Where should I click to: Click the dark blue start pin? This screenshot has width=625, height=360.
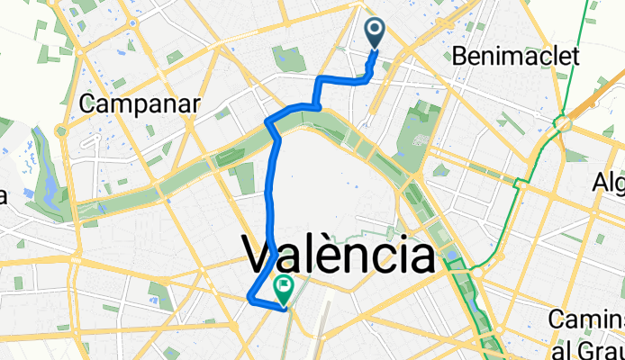(x=376, y=35)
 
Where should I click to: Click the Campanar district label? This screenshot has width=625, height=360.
(x=139, y=103)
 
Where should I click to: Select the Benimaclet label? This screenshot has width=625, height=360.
(x=521, y=58)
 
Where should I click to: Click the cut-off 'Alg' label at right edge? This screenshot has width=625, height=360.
(x=607, y=184)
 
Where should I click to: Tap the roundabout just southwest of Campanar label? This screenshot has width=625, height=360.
(x=61, y=131)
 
